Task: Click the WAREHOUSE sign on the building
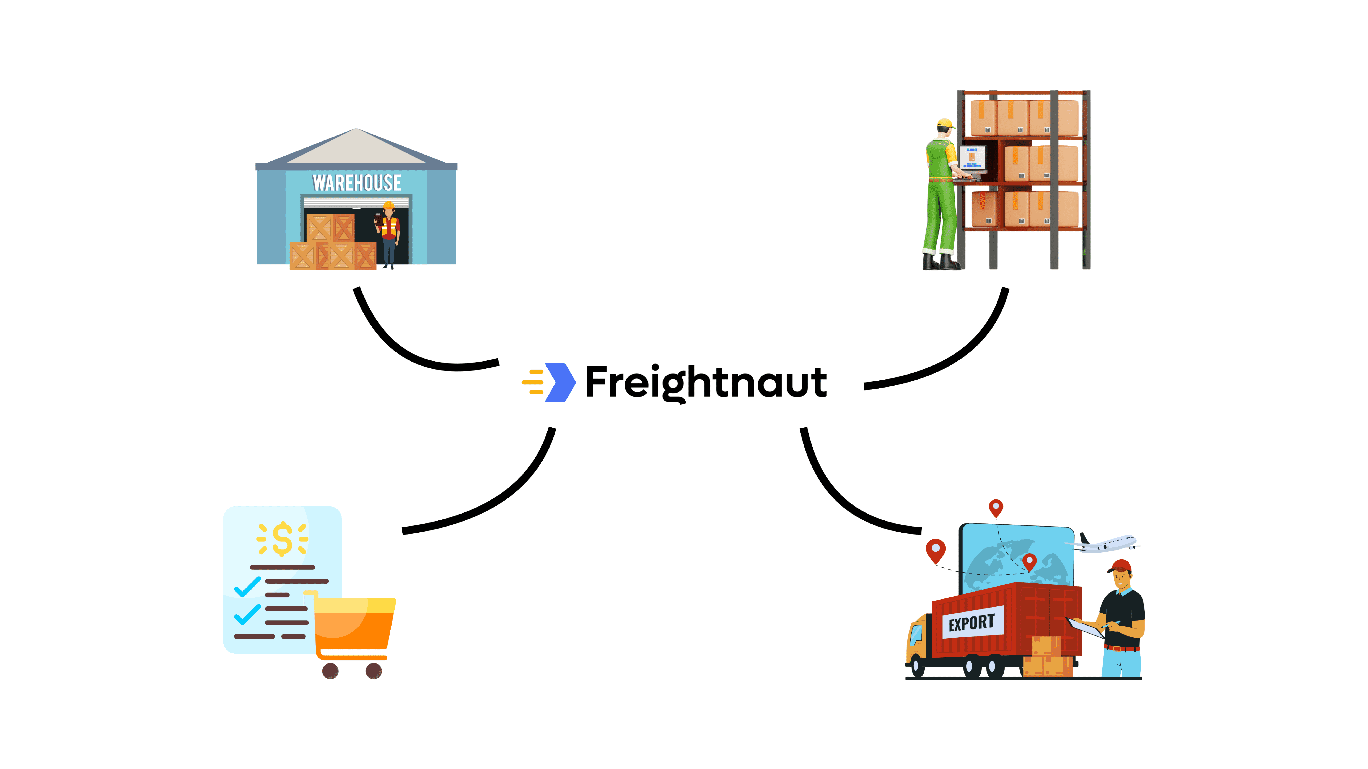[x=357, y=183]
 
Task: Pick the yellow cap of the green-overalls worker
[x=945, y=124]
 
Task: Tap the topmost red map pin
[x=996, y=507]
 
